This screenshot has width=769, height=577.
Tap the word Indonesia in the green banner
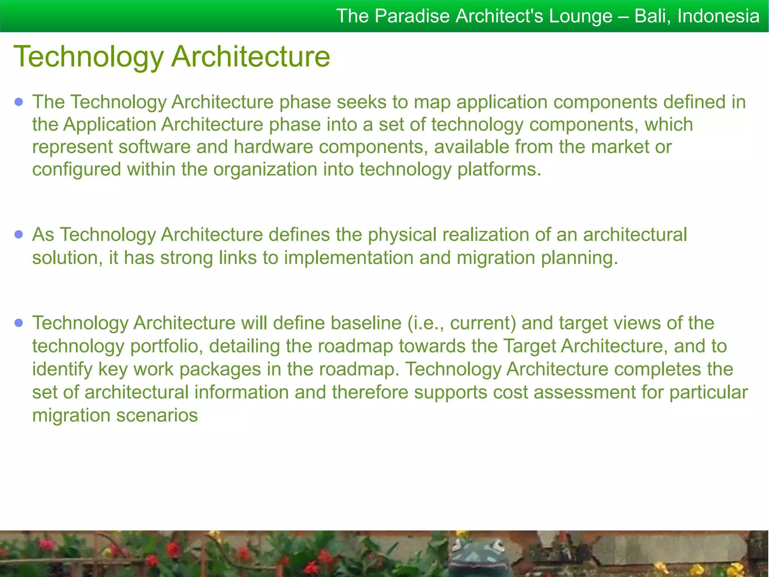point(718,16)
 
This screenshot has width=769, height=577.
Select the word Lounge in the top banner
point(581,16)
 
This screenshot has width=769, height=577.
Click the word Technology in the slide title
point(89,57)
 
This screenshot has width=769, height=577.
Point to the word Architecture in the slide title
point(251,57)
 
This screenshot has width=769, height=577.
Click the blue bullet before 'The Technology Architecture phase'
point(19,102)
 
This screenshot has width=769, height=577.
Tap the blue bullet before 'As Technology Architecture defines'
point(19,235)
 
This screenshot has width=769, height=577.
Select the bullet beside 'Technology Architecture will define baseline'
point(19,323)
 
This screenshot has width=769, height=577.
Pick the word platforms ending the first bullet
point(499,169)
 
